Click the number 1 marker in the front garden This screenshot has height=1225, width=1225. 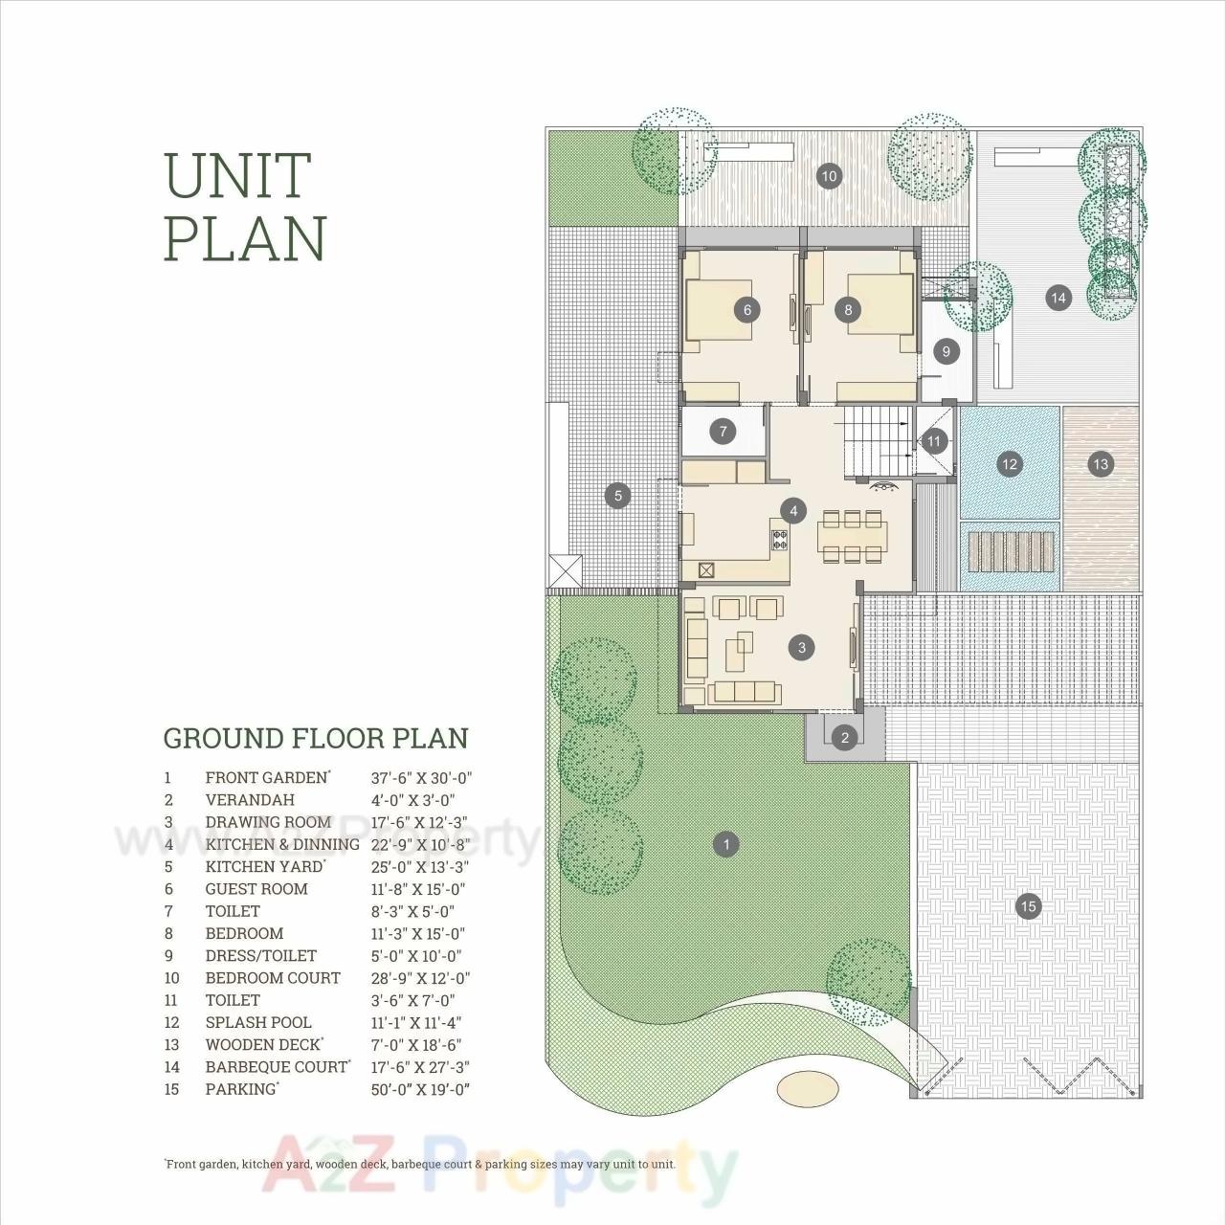coord(726,844)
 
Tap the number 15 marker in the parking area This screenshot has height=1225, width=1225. coord(1028,906)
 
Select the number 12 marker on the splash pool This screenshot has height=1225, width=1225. coord(1009,464)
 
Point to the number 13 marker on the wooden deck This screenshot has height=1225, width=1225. coord(1101,464)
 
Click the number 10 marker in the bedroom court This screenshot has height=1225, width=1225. coord(830,175)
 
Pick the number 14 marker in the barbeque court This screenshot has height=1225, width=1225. coord(1058,298)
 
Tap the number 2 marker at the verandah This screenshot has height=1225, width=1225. coord(844,737)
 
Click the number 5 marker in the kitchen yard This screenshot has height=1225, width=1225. coord(618,496)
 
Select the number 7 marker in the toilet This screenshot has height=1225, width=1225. coord(724,431)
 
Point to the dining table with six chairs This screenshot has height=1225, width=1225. coord(851,536)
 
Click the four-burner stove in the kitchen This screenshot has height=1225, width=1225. coord(780,539)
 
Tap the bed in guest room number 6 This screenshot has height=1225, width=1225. coord(718,308)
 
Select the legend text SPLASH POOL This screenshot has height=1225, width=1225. coord(258,1022)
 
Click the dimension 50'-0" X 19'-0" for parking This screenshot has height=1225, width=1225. coord(420,1089)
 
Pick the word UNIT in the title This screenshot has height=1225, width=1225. coord(238,175)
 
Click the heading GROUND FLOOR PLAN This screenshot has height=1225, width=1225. coord(316,739)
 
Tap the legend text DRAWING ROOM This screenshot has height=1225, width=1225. coord(268,822)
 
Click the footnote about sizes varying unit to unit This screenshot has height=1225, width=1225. coord(420,1165)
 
